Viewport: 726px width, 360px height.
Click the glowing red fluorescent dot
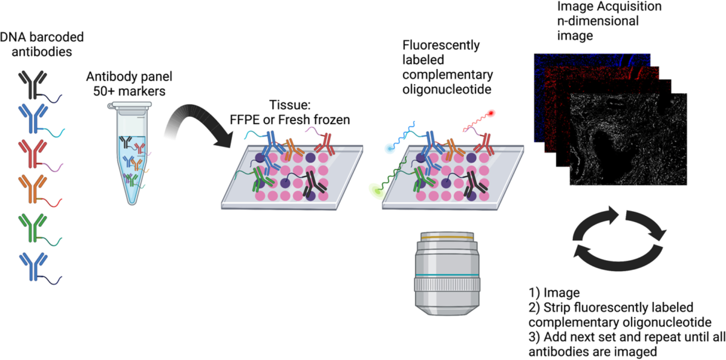pos(492,113)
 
